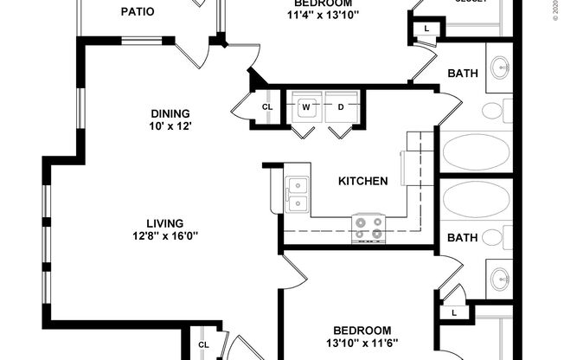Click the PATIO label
(138, 12)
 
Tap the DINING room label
(170, 113)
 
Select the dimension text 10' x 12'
(170, 126)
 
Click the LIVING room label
(164, 223)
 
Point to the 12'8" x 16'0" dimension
(164, 236)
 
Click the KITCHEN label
(362, 182)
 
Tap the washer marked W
(305, 107)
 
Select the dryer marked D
(341, 107)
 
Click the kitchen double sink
(297, 195)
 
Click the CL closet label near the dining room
(267, 107)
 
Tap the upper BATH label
(462, 74)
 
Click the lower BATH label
(462, 237)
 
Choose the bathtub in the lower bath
(477, 199)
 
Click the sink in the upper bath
(500, 67)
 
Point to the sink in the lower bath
(500, 279)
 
